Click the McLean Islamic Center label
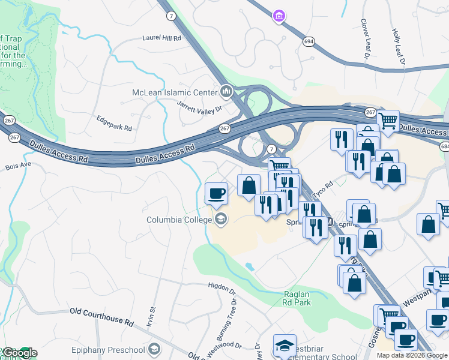(x=175, y=92)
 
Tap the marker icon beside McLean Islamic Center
(x=226, y=92)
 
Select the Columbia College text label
(x=179, y=220)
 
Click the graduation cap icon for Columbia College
(x=221, y=220)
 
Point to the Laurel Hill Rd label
(x=161, y=38)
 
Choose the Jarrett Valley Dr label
(x=199, y=106)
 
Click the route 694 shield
(x=309, y=41)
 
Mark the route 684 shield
(x=444, y=147)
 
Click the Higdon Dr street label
(x=223, y=286)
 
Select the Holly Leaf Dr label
(x=399, y=47)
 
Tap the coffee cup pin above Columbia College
(x=216, y=193)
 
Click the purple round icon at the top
(x=278, y=15)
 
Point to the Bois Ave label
(x=17, y=166)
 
